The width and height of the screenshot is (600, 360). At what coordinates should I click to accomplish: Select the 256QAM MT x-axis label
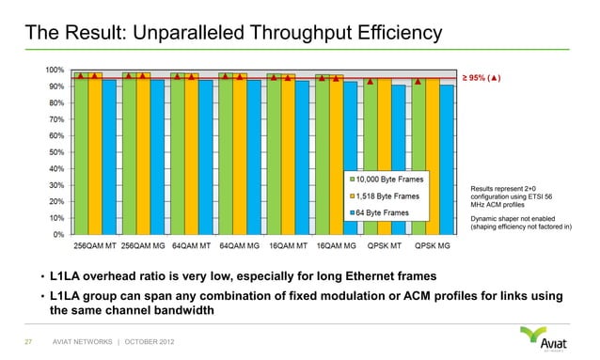tap(96, 247)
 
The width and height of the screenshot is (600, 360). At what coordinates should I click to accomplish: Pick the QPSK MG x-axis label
tap(431, 247)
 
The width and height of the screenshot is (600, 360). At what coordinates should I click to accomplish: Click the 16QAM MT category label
tap(287, 247)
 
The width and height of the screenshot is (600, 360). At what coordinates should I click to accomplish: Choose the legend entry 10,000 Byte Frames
tap(390, 180)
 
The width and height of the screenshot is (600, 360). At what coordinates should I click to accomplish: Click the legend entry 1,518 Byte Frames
tap(388, 196)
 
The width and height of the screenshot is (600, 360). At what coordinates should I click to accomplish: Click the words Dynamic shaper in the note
tap(497, 218)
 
